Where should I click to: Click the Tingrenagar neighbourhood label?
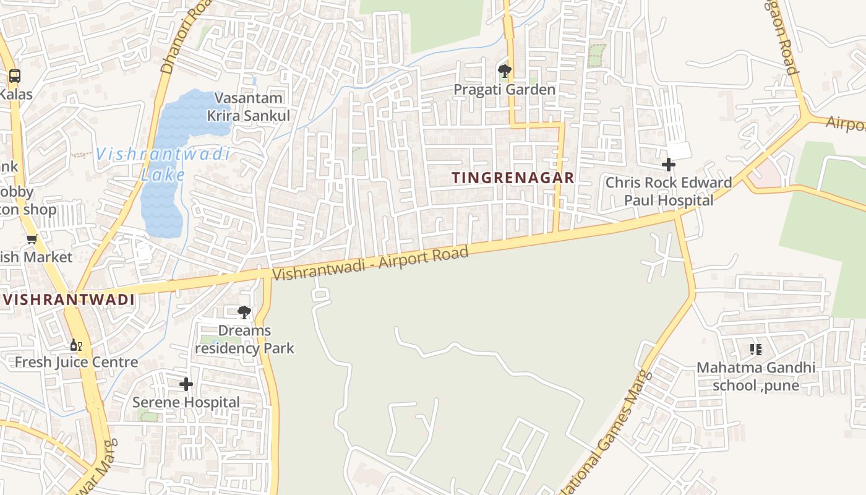(x=513, y=178)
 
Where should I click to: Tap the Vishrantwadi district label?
(x=69, y=300)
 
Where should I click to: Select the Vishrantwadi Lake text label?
(x=163, y=164)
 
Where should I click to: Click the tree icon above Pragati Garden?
(x=505, y=71)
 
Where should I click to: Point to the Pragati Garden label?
(x=504, y=90)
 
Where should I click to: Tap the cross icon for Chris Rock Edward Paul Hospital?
(x=668, y=165)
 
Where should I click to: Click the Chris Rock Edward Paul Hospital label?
(x=668, y=191)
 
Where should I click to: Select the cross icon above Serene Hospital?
(x=186, y=384)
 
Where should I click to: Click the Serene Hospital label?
(x=186, y=402)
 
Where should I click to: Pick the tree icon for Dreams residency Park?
(x=244, y=312)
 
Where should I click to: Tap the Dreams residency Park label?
(x=245, y=339)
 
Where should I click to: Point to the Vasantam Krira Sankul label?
(x=249, y=106)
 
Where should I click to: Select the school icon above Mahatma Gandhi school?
(x=755, y=350)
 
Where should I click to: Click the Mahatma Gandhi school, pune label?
(x=756, y=376)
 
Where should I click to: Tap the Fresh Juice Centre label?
(x=76, y=362)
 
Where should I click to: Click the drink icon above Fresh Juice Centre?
(x=75, y=345)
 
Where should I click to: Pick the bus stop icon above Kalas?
(x=14, y=76)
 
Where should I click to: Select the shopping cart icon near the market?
(x=32, y=239)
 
